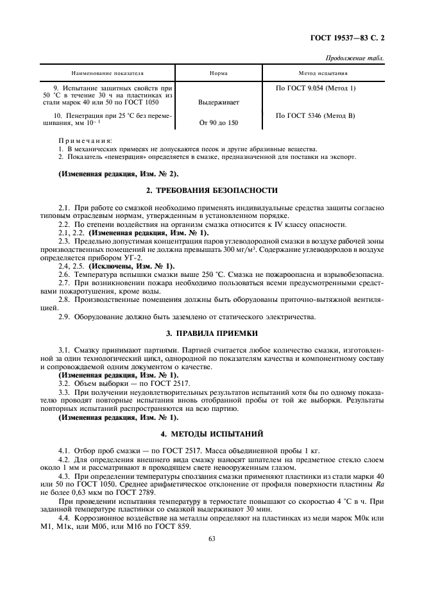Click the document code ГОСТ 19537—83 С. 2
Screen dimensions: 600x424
(x=347, y=41)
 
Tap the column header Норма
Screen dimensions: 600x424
(x=219, y=73)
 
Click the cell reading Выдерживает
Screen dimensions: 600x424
(x=219, y=101)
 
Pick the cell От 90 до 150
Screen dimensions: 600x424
(x=219, y=122)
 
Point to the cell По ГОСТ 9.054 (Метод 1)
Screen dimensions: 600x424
(x=315, y=87)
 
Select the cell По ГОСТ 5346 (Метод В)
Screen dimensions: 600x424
(x=315, y=115)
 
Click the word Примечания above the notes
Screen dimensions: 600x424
(x=85, y=140)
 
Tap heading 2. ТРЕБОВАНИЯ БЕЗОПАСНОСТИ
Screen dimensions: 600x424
(x=212, y=190)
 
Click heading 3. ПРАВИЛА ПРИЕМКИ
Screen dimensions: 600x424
(x=212, y=333)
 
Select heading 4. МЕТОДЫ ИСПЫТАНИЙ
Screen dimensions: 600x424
(x=212, y=434)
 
